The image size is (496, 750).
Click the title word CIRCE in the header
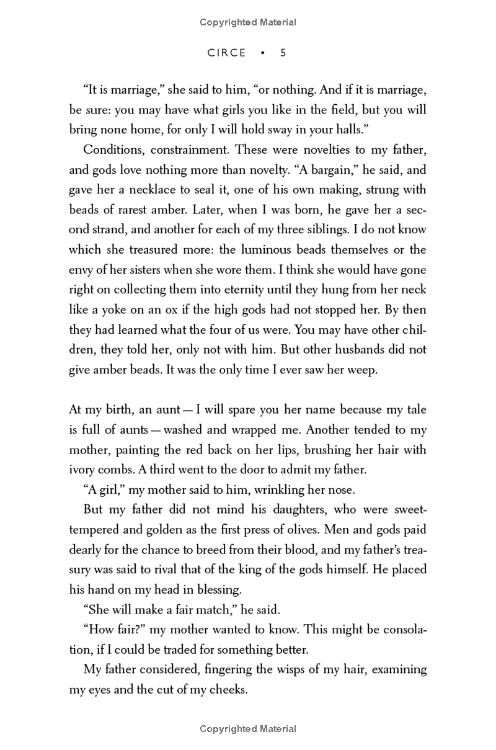(227, 53)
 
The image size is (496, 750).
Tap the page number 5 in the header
(283, 53)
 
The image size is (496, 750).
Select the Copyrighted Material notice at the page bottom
(248, 729)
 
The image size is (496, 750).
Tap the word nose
(343, 489)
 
